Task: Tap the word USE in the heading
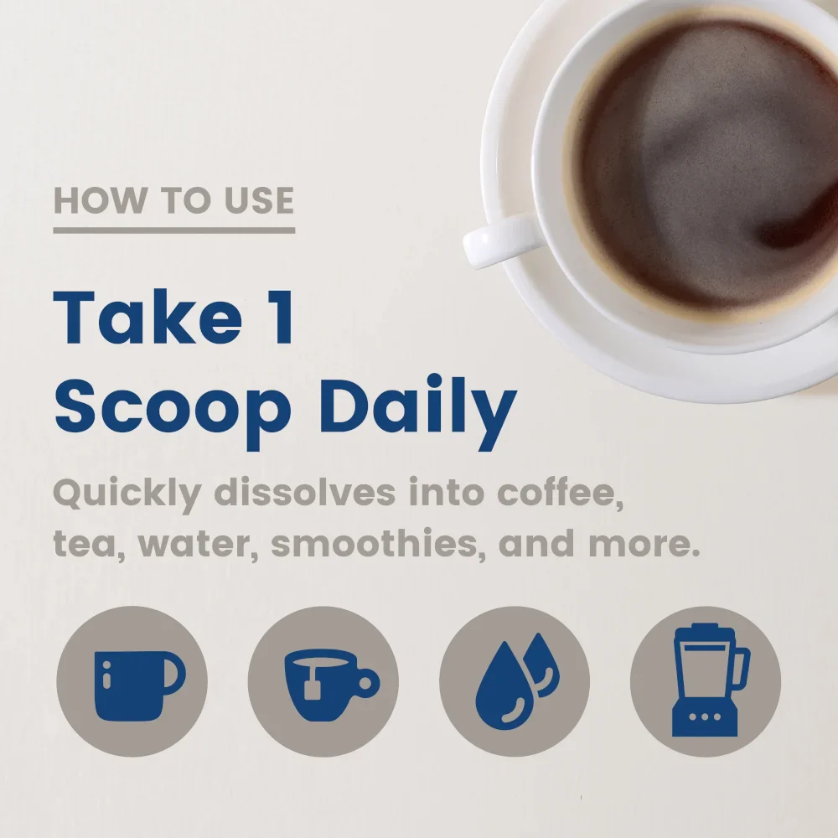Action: click(259, 200)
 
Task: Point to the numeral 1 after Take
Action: click(282, 318)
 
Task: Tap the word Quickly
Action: click(127, 494)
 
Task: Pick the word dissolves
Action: click(305, 492)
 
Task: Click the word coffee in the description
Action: click(560, 493)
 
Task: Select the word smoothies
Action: click(379, 543)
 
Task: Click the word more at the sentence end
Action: click(644, 544)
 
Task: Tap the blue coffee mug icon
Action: click(138, 685)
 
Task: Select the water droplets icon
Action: click(517, 682)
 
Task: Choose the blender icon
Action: click(710, 680)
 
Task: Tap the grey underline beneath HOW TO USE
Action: click(174, 230)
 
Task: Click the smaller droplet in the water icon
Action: click(542, 665)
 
